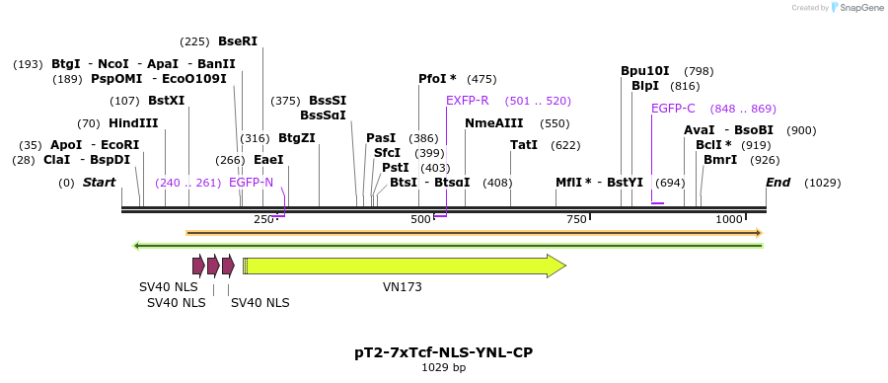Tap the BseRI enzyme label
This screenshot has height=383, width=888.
[x=237, y=41]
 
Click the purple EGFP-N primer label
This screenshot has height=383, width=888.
[x=251, y=183]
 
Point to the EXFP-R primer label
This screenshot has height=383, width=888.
[x=467, y=101]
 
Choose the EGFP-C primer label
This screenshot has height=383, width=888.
[x=673, y=109]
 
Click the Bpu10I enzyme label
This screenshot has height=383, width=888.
[x=645, y=71]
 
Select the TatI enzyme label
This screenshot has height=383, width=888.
[x=524, y=145]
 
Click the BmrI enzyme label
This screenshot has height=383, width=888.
[x=720, y=160]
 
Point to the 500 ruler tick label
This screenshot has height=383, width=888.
[x=421, y=219]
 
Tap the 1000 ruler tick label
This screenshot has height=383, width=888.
[x=729, y=219]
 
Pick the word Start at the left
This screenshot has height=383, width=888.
[x=99, y=183]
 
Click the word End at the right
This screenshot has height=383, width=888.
[x=777, y=183]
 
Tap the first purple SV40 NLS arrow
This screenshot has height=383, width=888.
[x=198, y=265]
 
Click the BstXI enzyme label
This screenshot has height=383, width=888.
[x=166, y=101]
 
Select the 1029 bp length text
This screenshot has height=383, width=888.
[x=443, y=367]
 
